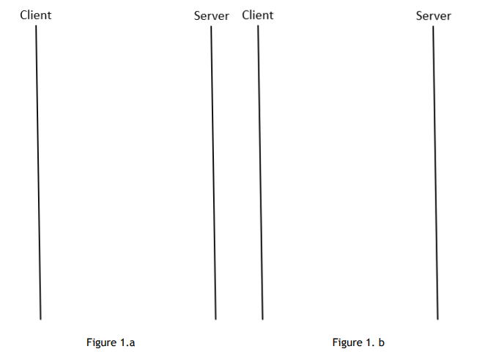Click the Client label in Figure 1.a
tap(36, 15)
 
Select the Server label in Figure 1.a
tap(212, 15)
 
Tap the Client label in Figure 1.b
tap(257, 15)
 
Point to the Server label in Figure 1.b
tap(434, 15)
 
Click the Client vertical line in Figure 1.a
tap(38, 172)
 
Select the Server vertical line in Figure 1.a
tap(213, 172)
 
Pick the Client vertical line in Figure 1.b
tap(260, 172)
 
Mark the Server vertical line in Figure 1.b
tap(435, 172)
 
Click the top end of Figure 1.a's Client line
tap(36, 26)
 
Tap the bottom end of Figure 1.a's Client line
tap(40, 319)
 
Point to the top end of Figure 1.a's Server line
tap(211, 26)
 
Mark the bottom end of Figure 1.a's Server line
tap(215, 319)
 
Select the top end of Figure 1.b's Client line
tap(258, 26)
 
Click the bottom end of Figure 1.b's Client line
tap(262, 319)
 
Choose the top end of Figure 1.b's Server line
tap(433, 26)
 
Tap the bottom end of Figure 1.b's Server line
tap(437, 319)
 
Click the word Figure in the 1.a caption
tap(101, 342)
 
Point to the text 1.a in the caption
tap(127, 342)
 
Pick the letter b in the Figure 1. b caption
tap(382, 342)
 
